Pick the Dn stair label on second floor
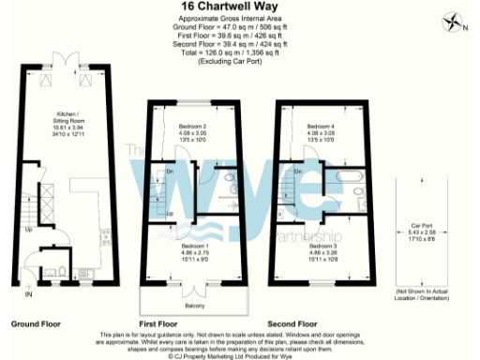(x=297, y=172)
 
